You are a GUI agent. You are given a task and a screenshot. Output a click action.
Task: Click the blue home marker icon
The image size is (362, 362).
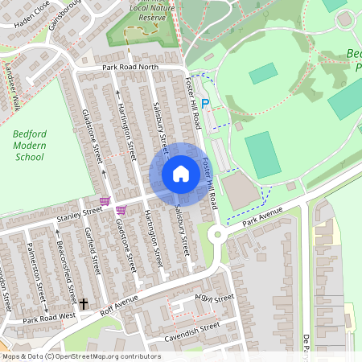click(x=180, y=174)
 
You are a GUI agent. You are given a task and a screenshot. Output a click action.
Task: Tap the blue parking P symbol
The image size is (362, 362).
click(x=205, y=104)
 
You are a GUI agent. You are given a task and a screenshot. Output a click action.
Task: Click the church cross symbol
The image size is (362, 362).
click(x=83, y=304)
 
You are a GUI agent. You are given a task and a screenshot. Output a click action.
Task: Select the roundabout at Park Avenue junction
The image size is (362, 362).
click(x=216, y=235)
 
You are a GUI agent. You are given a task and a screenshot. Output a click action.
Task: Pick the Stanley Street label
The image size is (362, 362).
click(x=79, y=212)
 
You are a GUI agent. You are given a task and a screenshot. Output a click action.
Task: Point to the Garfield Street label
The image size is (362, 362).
click(x=93, y=251)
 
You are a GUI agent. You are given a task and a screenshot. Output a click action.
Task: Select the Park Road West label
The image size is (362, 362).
click(x=48, y=319)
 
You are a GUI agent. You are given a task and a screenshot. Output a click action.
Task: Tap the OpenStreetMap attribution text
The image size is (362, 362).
click(x=80, y=356)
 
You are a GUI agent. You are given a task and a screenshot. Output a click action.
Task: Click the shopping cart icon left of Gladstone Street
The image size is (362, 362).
click(x=104, y=200)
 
